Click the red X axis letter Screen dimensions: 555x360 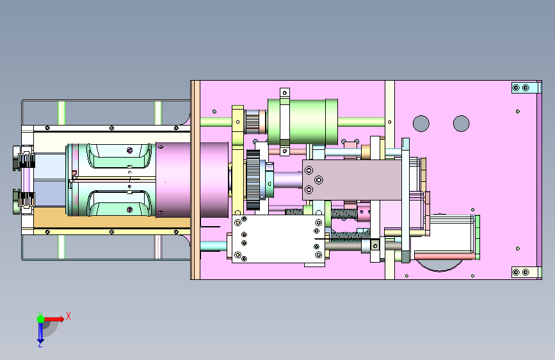(x=68, y=316)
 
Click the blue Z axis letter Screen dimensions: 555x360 (x=40, y=344)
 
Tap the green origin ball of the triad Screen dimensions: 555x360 (x=41, y=319)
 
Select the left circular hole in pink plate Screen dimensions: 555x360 (x=421, y=124)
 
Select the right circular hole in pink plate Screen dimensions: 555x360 (x=461, y=124)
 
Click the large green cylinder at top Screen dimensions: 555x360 (x=303, y=122)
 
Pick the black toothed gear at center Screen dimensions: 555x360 (x=253, y=180)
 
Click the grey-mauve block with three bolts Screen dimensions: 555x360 (x=352, y=180)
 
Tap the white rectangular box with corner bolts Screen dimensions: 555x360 (x=278, y=240)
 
